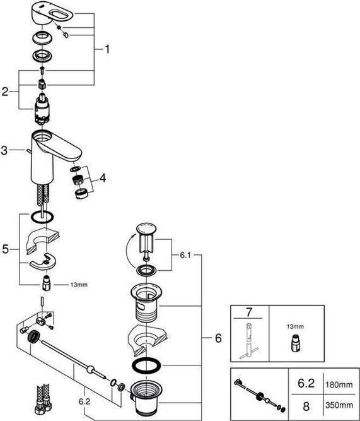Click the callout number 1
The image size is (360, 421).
tap(107, 49)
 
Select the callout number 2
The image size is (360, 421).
tap(5, 92)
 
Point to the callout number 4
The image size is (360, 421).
tap(103, 179)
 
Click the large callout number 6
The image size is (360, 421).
tap(218, 339)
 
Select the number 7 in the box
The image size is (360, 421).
tap(249, 312)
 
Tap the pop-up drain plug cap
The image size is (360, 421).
tap(146, 229)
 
